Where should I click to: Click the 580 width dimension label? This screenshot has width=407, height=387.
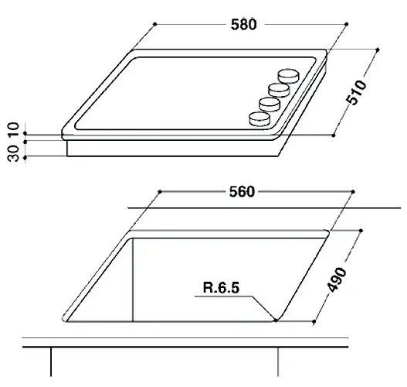tap(243, 25)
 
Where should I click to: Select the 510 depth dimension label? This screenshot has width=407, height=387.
tap(357, 93)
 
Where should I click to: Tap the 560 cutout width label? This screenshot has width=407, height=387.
tap(242, 192)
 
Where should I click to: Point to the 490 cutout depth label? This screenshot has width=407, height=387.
tap(337, 279)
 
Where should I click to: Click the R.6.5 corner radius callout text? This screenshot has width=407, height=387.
tap(221, 288)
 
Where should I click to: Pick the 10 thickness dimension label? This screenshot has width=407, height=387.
tap(13, 129)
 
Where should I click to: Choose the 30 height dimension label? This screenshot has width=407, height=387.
tap(13, 153)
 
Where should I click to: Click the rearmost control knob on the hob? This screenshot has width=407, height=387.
tap(288, 76)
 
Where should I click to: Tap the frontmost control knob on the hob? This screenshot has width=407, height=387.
tap(259, 119)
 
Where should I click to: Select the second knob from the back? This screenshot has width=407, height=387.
tap(279, 91)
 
